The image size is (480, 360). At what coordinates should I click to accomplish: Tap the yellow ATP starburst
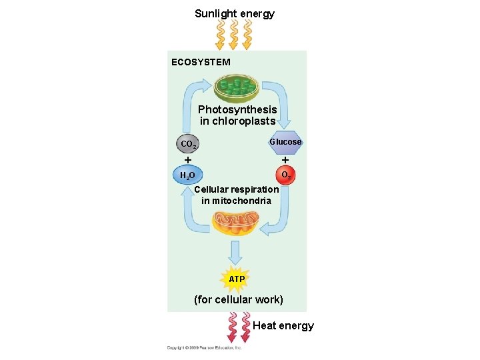(237, 279)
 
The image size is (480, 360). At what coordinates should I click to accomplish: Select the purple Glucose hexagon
(285, 142)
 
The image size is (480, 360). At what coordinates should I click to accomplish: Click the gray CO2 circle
(188, 144)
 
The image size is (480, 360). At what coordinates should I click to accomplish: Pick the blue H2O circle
(187, 176)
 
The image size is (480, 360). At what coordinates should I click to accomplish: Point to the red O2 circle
(285, 176)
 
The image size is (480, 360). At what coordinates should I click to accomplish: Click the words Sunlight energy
(234, 13)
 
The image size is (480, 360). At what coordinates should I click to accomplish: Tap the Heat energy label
(283, 325)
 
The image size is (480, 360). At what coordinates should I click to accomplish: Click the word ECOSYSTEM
(201, 62)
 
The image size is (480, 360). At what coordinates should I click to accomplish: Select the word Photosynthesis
(237, 109)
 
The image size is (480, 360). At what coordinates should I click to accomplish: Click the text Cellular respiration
(237, 189)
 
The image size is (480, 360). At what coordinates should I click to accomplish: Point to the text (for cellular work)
(238, 300)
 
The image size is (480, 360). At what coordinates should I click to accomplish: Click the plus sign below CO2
(188, 160)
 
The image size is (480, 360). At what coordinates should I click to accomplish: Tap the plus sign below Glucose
(285, 160)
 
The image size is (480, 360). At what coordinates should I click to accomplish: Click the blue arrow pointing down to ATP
(235, 253)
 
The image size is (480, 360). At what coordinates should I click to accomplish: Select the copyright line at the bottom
(204, 347)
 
